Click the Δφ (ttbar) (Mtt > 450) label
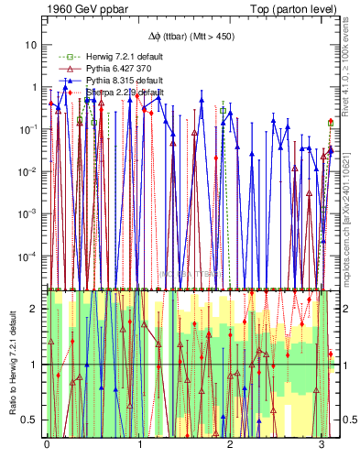tap(190, 38)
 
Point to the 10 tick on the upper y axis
tap(30, 45)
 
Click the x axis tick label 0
tap(47, 444)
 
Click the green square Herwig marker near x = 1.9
tap(223, 111)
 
